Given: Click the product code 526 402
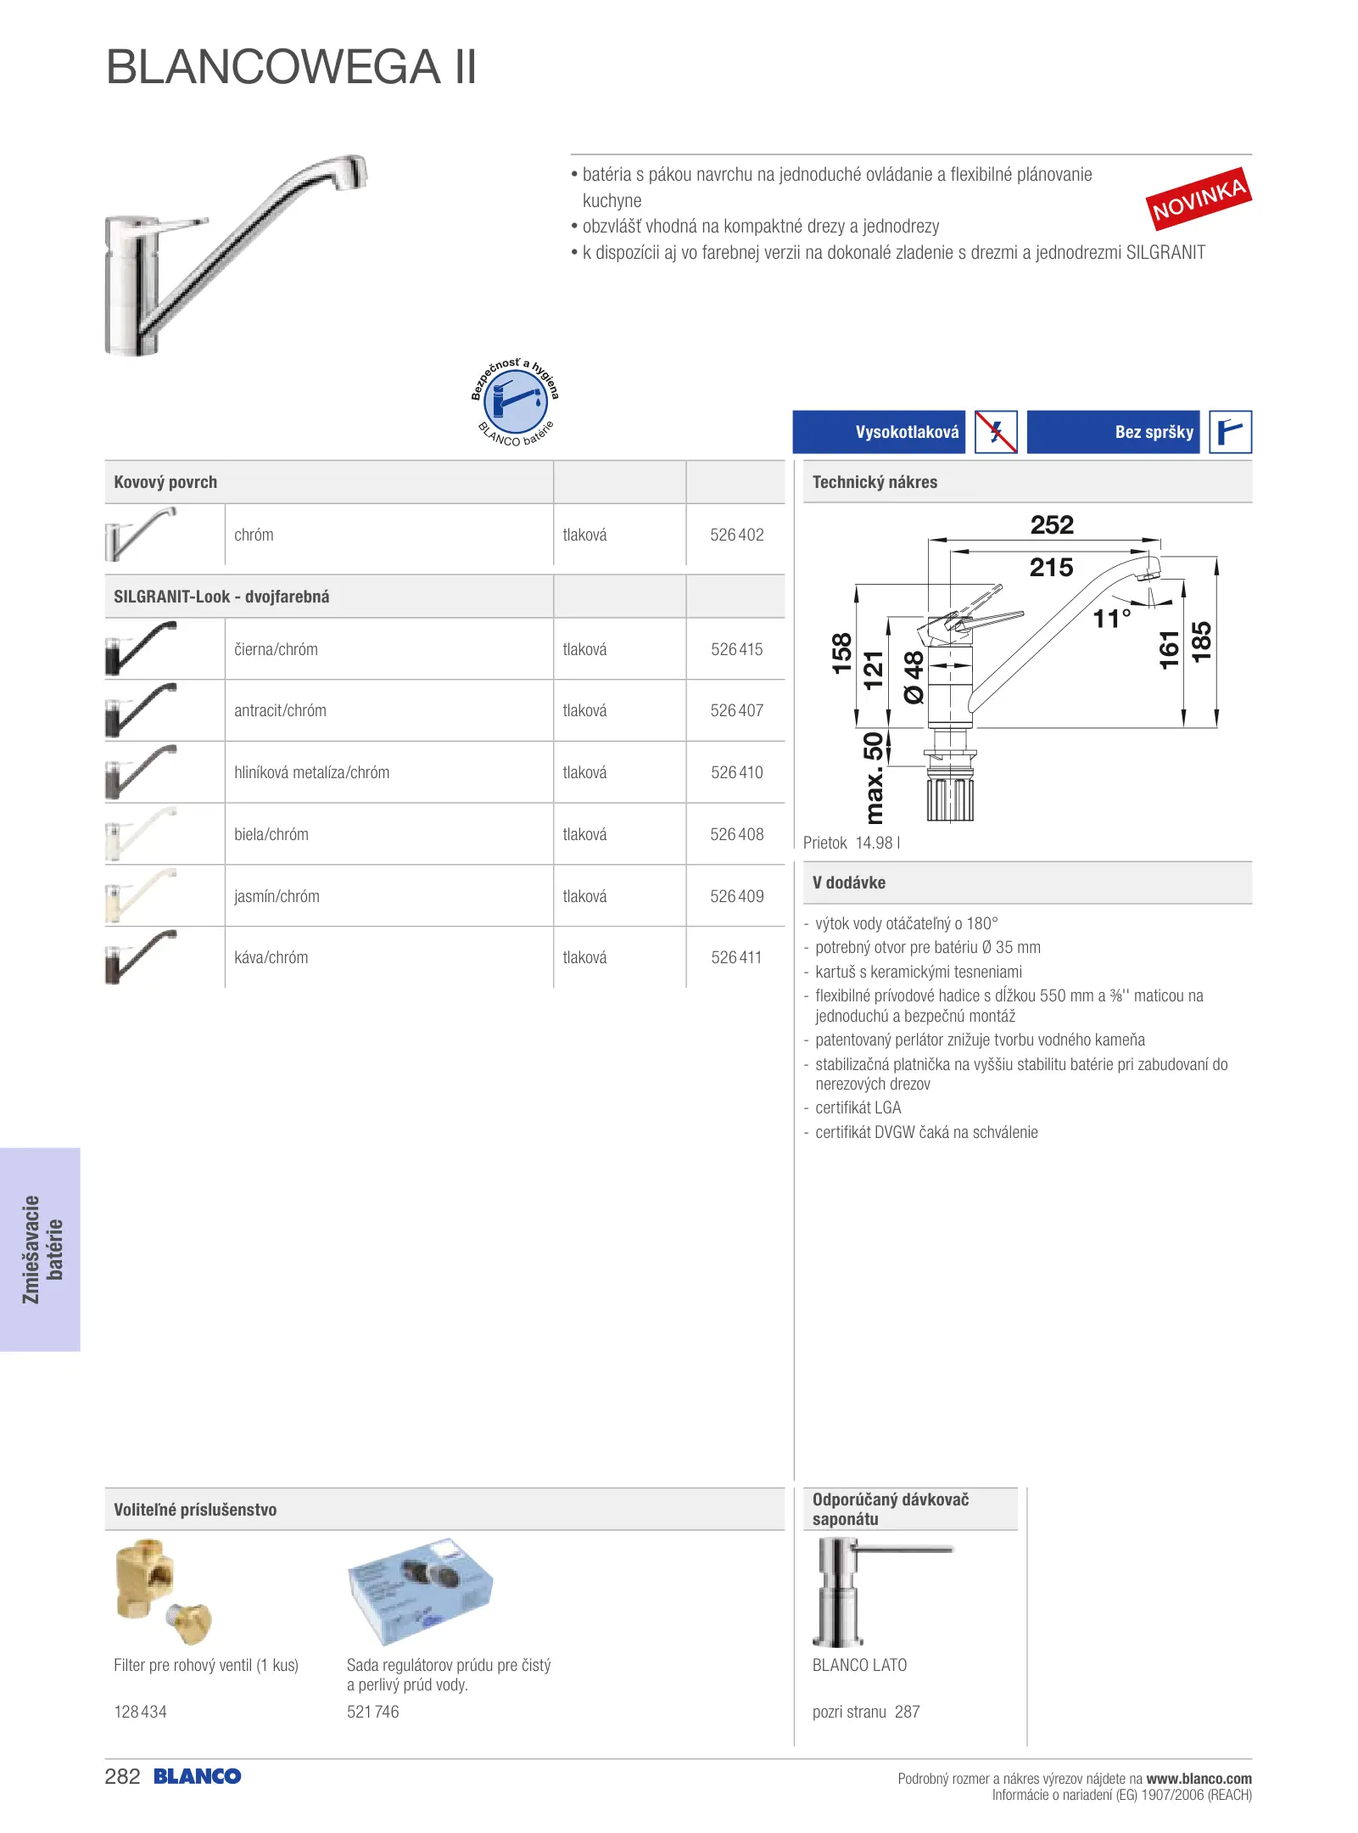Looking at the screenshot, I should pos(736,535).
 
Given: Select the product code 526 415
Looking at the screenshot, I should pos(736,649).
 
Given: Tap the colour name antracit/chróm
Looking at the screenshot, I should pos(280,710).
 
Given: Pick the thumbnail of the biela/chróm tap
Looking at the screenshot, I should pos(142,833).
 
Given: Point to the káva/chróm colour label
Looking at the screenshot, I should pos(271,957).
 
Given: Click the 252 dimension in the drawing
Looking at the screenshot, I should pos(1052,525).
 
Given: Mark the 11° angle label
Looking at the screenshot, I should pos(1112,619).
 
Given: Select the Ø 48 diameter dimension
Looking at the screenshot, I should pos(914,676).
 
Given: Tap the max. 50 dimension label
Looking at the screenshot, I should pos(874,777).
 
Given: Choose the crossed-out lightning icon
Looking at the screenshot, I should pos(996,432).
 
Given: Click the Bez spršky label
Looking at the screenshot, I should pos(1154,432).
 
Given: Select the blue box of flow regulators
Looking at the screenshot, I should pos(420,1589).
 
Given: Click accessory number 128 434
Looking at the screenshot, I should pos(140,1712).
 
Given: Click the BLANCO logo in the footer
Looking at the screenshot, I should pos(197,1776).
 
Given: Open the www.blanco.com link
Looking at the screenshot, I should pos(1199,1778).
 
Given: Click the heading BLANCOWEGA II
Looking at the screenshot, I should pos(291,67).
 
